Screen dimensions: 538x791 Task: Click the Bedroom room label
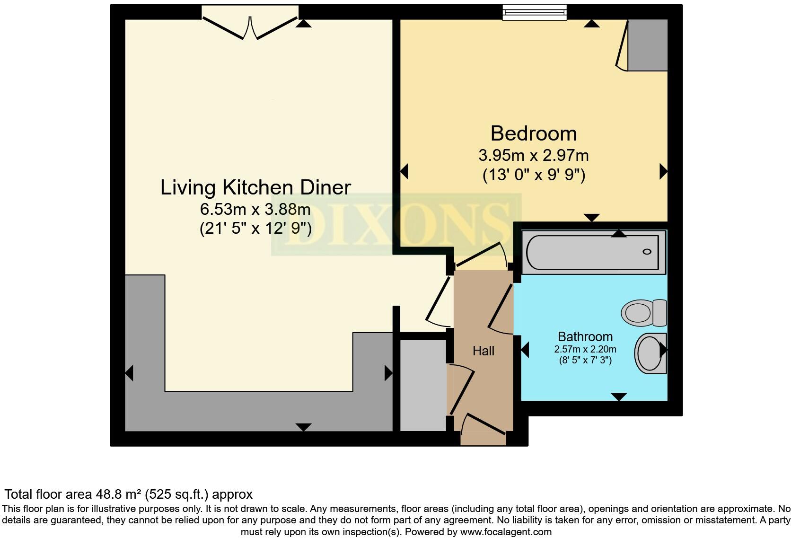(533, 134)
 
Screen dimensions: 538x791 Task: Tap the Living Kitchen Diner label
(255, 187)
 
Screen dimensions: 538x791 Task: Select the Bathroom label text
(585, 336)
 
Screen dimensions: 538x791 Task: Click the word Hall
(483, 351)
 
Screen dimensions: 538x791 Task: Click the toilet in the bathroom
(644, 313)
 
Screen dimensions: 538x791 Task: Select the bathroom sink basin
(650, 353)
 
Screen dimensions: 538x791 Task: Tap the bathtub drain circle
(647, 252)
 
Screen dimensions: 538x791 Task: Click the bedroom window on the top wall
(535, 12)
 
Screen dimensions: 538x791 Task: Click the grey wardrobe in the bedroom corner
(647, 45)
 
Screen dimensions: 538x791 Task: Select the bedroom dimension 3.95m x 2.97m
(533, 155)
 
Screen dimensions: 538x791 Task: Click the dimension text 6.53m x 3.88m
(255, 209)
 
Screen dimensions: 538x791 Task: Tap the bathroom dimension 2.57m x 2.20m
(585, 350)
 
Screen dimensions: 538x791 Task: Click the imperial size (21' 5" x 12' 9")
(255, 229)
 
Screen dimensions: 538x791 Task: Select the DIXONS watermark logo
(396, 225)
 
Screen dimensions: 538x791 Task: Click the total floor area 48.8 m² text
(128, 494)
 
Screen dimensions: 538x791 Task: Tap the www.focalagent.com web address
(506, 532)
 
